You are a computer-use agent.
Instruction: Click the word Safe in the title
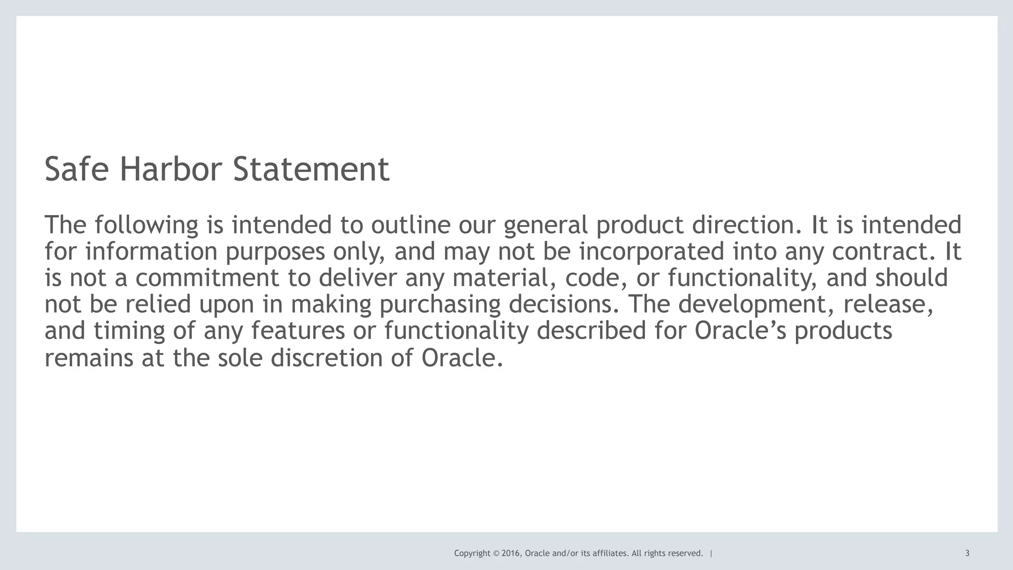point(76,169)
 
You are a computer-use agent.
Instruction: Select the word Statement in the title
point(311,169)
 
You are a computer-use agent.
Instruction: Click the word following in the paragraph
point(146,225)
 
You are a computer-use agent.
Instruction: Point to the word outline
point(411,225)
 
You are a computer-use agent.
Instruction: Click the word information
point(151,252)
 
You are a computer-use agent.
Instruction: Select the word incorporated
point(651,252)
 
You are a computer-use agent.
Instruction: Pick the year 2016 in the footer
point(510,554)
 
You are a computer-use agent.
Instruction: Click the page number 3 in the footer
point(967,554)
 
